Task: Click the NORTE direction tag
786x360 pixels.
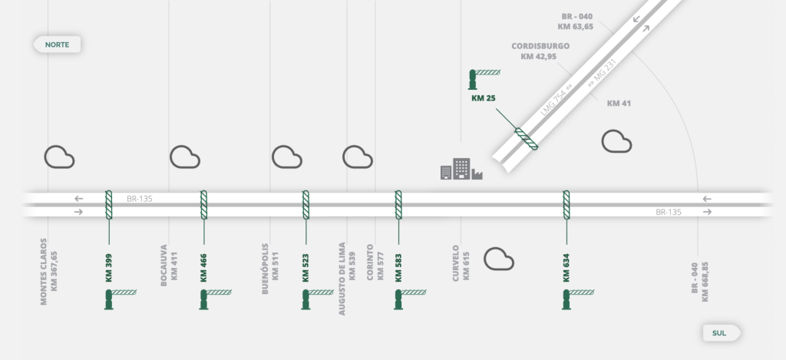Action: [57, 45]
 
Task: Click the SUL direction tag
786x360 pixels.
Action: [720, 332]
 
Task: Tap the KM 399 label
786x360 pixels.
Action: [109, 265]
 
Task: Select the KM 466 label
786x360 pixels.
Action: [204, 265]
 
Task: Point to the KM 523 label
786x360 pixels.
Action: [305, 265]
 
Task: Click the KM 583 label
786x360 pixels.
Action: [398, 265]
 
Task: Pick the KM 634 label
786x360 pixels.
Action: [566, 265]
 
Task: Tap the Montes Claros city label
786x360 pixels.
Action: [48, 271]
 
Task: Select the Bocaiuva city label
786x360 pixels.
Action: [169, 266]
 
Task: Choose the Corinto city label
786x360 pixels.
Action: [375, 264]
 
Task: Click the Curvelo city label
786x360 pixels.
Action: [461, 264]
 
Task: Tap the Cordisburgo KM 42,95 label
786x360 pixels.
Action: [540, 51]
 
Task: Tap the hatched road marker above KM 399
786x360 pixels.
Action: [109, 205]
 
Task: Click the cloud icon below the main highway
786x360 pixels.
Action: [499, 259]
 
